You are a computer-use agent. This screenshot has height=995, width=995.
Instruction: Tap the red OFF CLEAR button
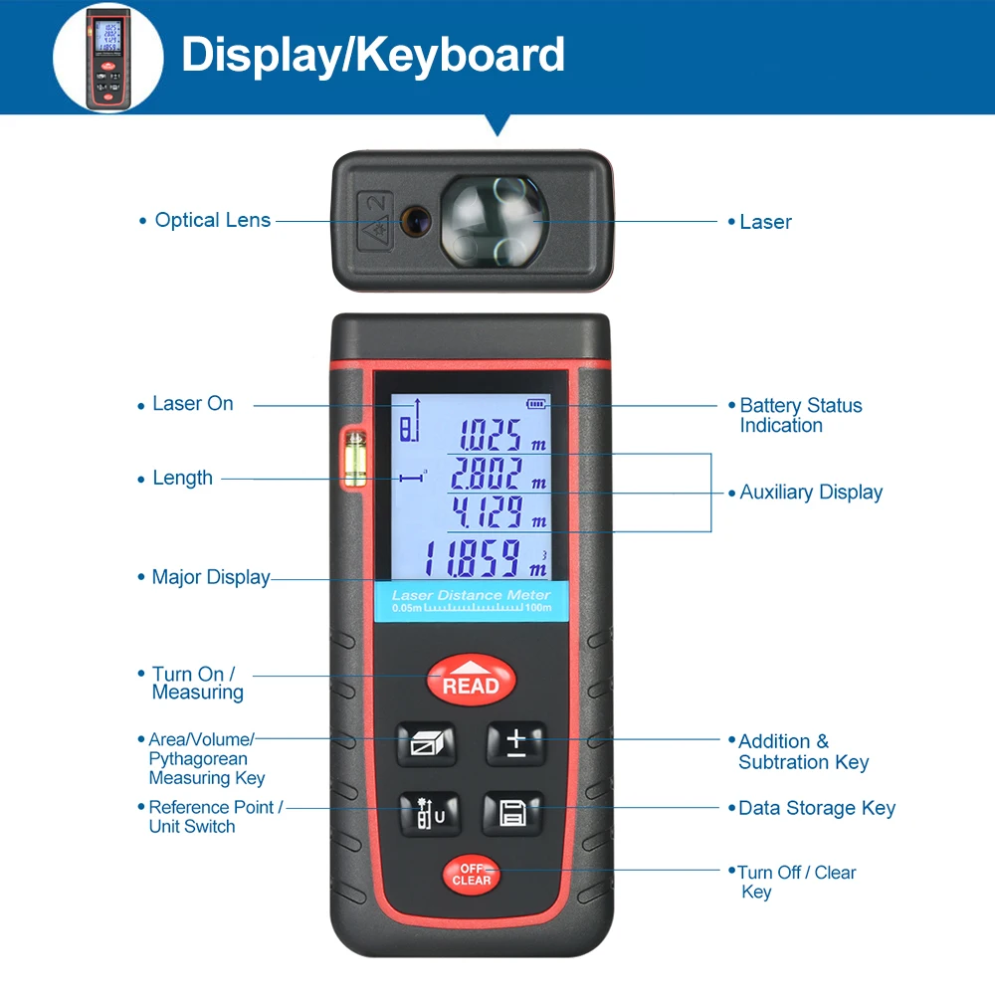[x=472, y=875]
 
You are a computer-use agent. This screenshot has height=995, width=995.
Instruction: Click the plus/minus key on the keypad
[x=515, y=743]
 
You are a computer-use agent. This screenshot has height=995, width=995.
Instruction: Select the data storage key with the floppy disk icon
[x=513, y=813]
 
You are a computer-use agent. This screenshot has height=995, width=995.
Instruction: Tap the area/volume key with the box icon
[x=427, y=743]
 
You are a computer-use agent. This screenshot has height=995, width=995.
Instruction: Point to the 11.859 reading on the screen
[x=482, y=559]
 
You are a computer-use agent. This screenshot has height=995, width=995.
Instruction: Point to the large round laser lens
[x=493, y=221]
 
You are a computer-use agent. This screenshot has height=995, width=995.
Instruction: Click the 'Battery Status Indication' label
[x=800, y=415]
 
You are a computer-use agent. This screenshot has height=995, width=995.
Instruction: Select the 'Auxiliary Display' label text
[x=811, y=492]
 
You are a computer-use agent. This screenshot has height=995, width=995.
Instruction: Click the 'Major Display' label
[x=210, y=577]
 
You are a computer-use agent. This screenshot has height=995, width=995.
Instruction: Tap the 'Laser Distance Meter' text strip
[x=471, y=595]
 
